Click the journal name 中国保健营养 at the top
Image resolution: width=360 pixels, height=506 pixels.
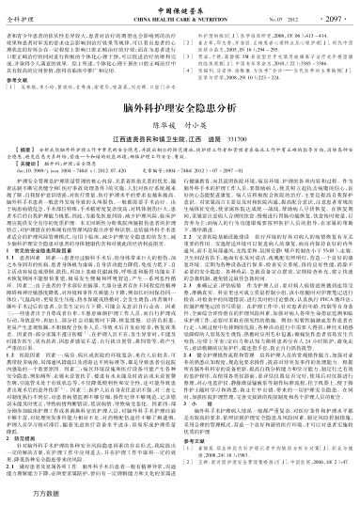click(x=179, y=8)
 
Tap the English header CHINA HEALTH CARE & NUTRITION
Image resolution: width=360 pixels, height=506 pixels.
click(x=180, y=17)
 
